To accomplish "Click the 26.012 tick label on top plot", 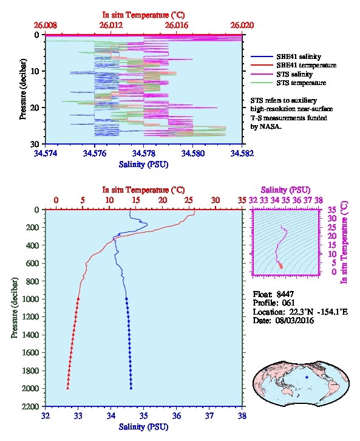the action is pyautogui.click(x=111, y=26).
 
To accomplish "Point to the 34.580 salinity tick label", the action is pyautogui.click(x=193, y=154).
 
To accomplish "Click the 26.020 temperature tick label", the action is pyautogui.click(x=242, y=26).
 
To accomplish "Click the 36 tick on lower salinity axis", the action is pyautogui.click(x=177, y=416).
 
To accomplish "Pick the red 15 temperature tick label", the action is pyautogui.click(x=136, y=200).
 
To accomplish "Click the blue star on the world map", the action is pyautogui.click(x=307, y=377).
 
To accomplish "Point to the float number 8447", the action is pyautogui.click(x=285, y=295).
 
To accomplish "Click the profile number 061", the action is pyautogui.click(x=288, y=303).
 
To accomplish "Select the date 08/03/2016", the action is pyautogui.click(x=295, y=321).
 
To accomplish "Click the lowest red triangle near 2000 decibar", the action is pyautogui.click(x=68, y=388).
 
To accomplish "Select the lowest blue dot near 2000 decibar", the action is pyautogui.click(x=131, y=388).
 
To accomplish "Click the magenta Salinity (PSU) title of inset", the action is pyautogui.click(x=285, y=190).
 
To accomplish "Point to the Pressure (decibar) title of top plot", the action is pyautogui.click(x=23, y=89).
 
